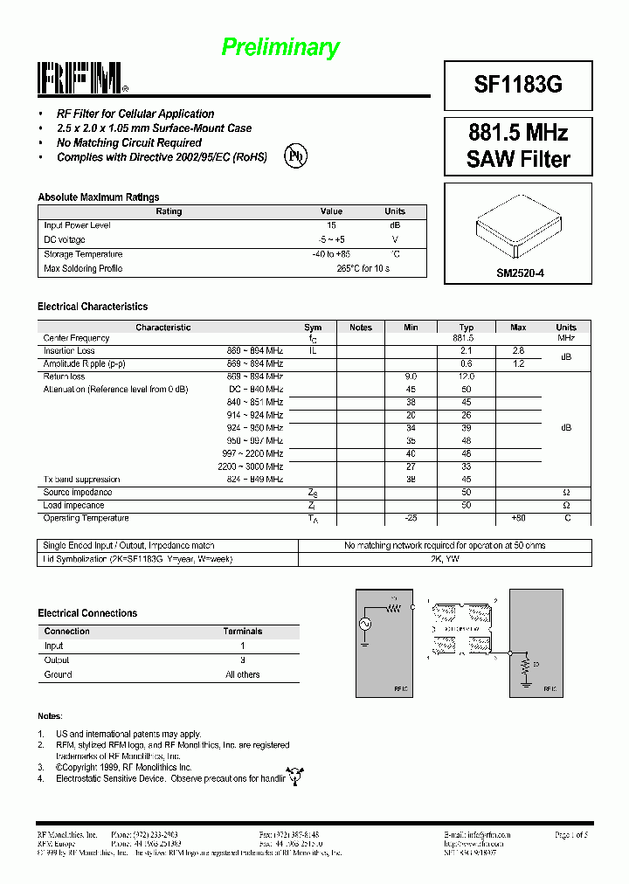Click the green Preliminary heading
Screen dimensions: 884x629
(280, 47)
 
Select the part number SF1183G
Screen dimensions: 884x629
(518, 84)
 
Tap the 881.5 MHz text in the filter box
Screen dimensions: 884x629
(518, 133)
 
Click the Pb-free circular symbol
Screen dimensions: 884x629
(295, 155)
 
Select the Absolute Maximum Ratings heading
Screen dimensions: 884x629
(98, 197)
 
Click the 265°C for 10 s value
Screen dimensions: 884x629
(363, 268)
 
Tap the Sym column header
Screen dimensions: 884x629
(313, 328)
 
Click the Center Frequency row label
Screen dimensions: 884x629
(77, 338)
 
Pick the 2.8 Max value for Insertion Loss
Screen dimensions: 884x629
(518, 350)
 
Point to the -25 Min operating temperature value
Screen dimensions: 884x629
(411, 518)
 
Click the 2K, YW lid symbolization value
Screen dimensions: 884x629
(445, 558)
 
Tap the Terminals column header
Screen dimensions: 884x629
(242, 631)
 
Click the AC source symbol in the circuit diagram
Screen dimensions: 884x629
(364, 624)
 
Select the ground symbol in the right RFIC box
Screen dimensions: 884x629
(525, 683)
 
